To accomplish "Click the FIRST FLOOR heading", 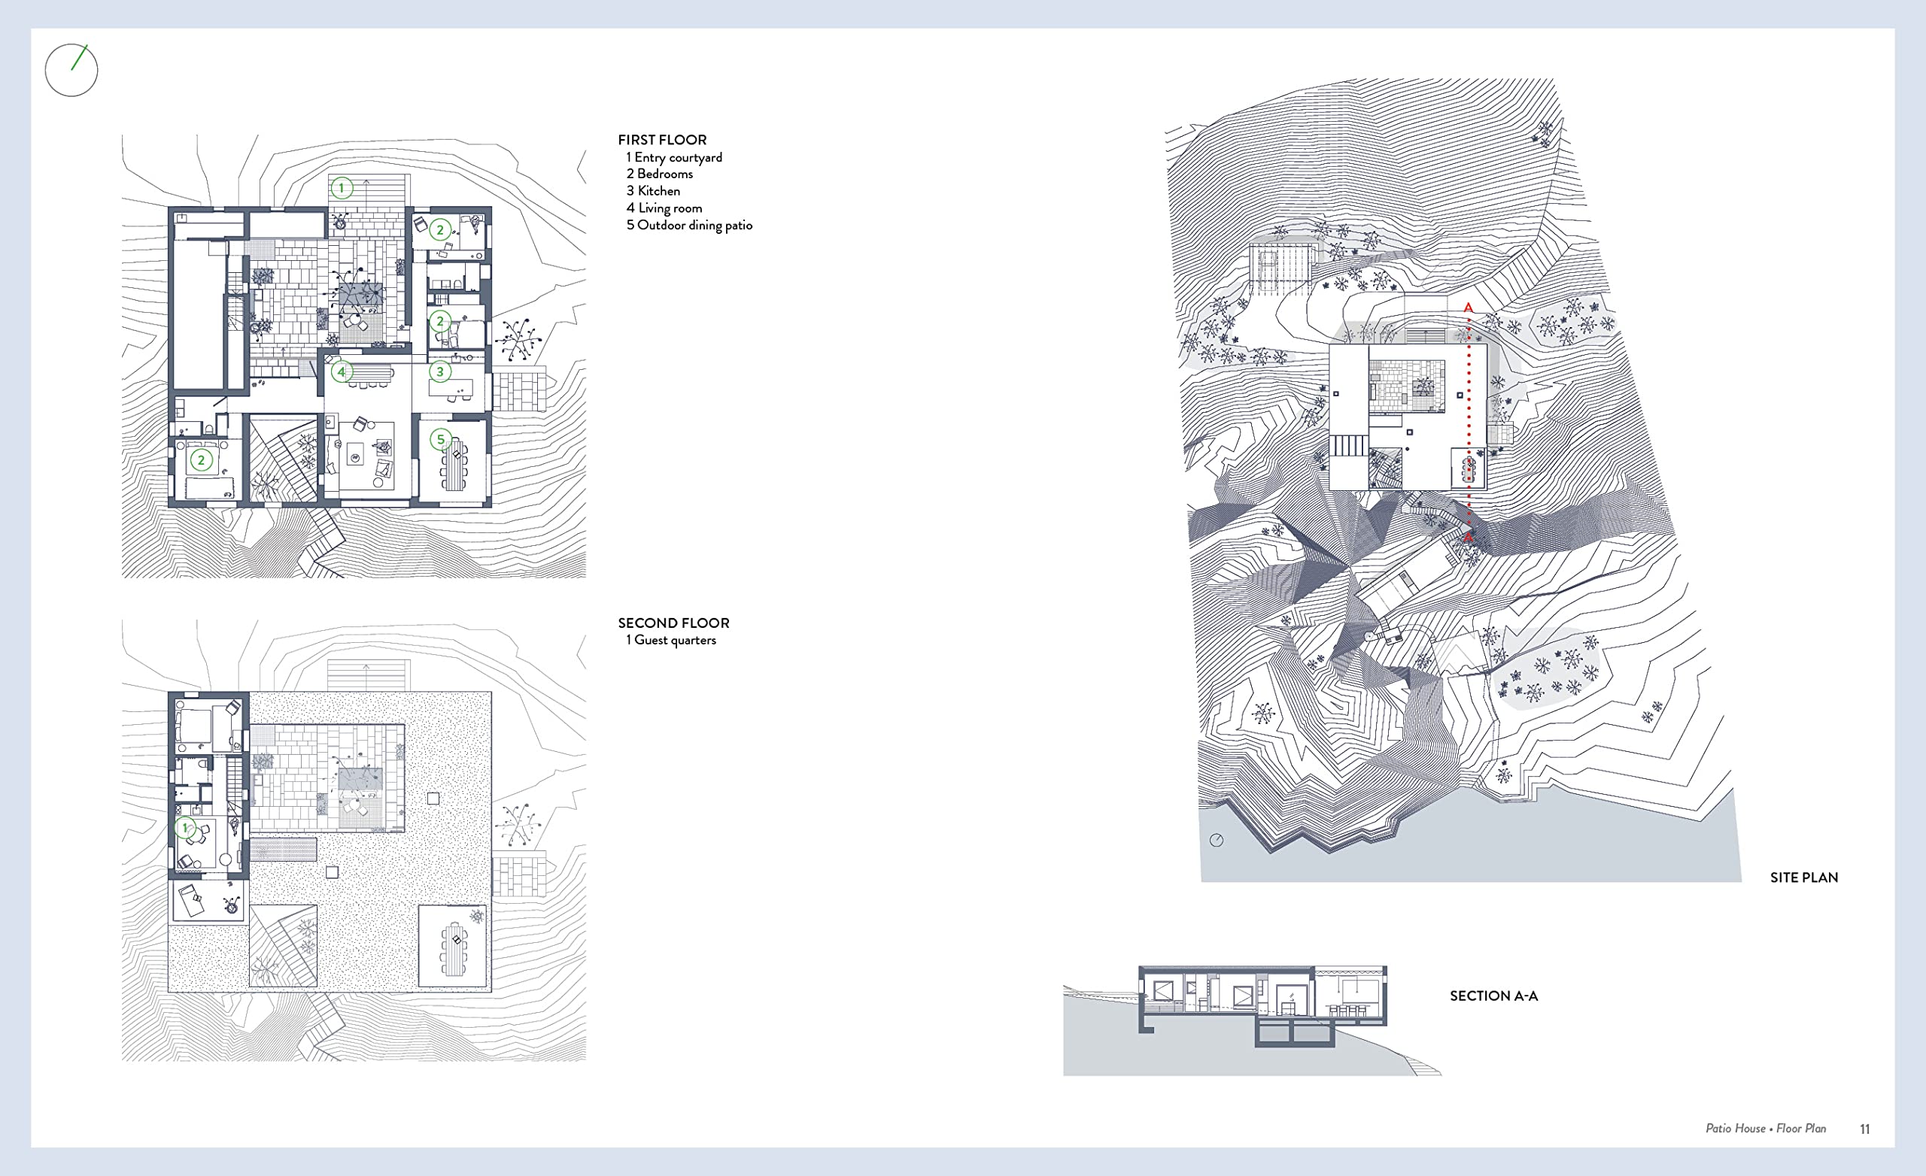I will point(662,140).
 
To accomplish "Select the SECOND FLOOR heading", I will point(673,623).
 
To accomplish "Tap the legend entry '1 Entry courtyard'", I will point(674,157).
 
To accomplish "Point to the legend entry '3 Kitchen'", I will point(653,191).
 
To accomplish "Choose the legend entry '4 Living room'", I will point(664,208).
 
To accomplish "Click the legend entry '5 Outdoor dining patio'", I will point(688,225).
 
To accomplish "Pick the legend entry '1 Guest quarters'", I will point(670,640).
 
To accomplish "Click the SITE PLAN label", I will point(1803,877).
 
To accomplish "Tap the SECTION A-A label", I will point(1493,996).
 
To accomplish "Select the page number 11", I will point(1864,1129).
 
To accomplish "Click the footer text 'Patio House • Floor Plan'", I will point(1766,1129).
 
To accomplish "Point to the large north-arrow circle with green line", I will point(71,71).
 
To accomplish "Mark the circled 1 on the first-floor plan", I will point(342,187).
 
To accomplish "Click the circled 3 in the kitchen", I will point(440,372).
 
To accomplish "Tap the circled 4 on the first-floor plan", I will point(342,372).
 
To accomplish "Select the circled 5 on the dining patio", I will point(441,439).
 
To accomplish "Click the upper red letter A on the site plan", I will point(1468,308).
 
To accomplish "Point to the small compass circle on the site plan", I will point(1217,841).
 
